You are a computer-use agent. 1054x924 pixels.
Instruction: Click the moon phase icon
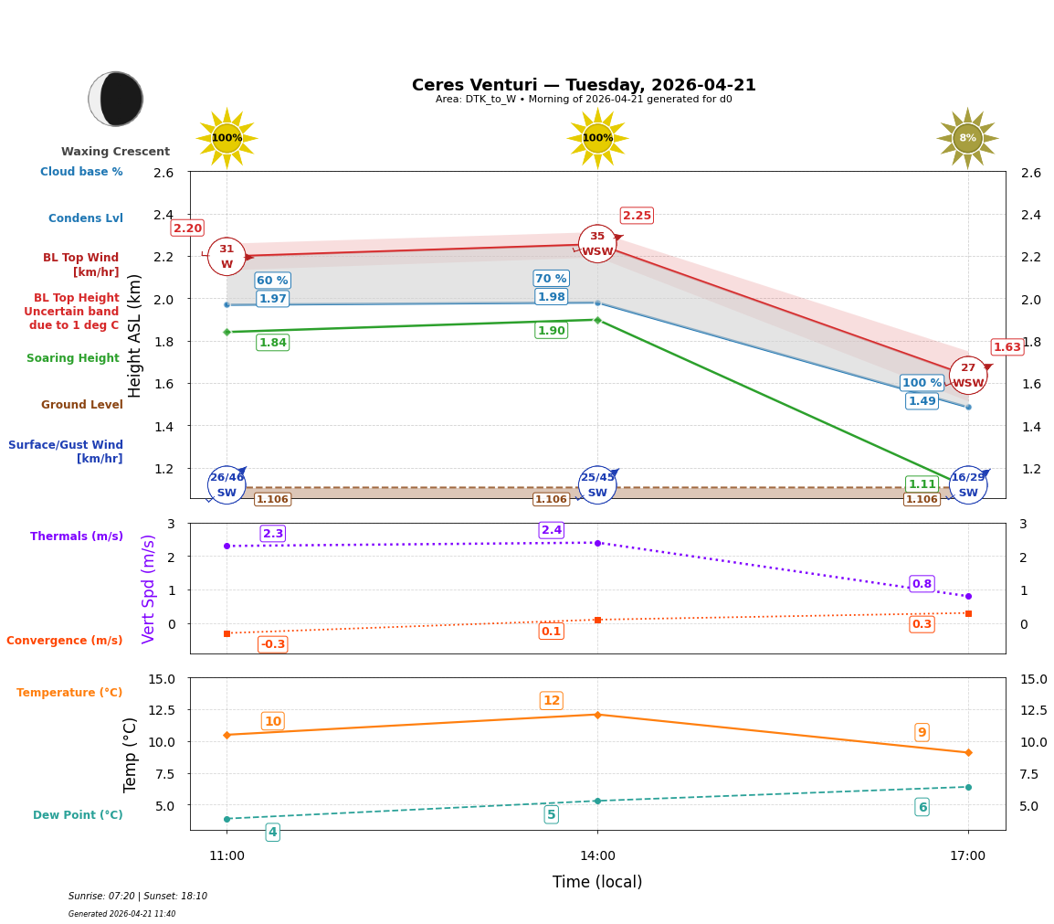(116, 99)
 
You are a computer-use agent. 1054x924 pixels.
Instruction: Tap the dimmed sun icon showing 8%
(967, 138)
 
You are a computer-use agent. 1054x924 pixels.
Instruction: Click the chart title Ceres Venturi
(584, 85)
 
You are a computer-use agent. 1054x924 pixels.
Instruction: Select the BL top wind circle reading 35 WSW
(597, 244)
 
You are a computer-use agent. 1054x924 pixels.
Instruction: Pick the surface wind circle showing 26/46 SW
(227, 484)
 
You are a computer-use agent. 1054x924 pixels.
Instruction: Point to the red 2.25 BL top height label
(637, 216)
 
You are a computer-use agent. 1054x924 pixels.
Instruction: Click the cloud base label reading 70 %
(551, 279)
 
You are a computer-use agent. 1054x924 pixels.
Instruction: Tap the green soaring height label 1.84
(272, 343)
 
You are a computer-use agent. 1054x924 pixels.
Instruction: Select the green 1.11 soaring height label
(922, 484)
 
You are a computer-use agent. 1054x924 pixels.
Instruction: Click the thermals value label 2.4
(552, 530)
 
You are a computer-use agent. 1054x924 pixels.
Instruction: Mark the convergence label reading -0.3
(272, 644)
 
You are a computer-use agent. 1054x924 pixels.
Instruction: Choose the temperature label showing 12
(552, 701)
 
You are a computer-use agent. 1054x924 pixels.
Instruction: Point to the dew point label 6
(922, 807)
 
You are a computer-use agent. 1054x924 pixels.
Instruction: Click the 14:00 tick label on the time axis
(597, 856)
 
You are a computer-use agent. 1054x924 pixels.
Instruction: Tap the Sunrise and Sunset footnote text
(138, 897)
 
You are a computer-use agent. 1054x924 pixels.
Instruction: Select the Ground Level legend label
(82, 405)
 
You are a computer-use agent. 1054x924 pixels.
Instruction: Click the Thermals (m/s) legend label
(77, 536)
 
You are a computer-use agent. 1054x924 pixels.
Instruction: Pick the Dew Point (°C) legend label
(78, 815)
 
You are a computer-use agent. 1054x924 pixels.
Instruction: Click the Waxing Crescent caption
(115, 152)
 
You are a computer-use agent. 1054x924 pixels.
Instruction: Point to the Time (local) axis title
(597, 882)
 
